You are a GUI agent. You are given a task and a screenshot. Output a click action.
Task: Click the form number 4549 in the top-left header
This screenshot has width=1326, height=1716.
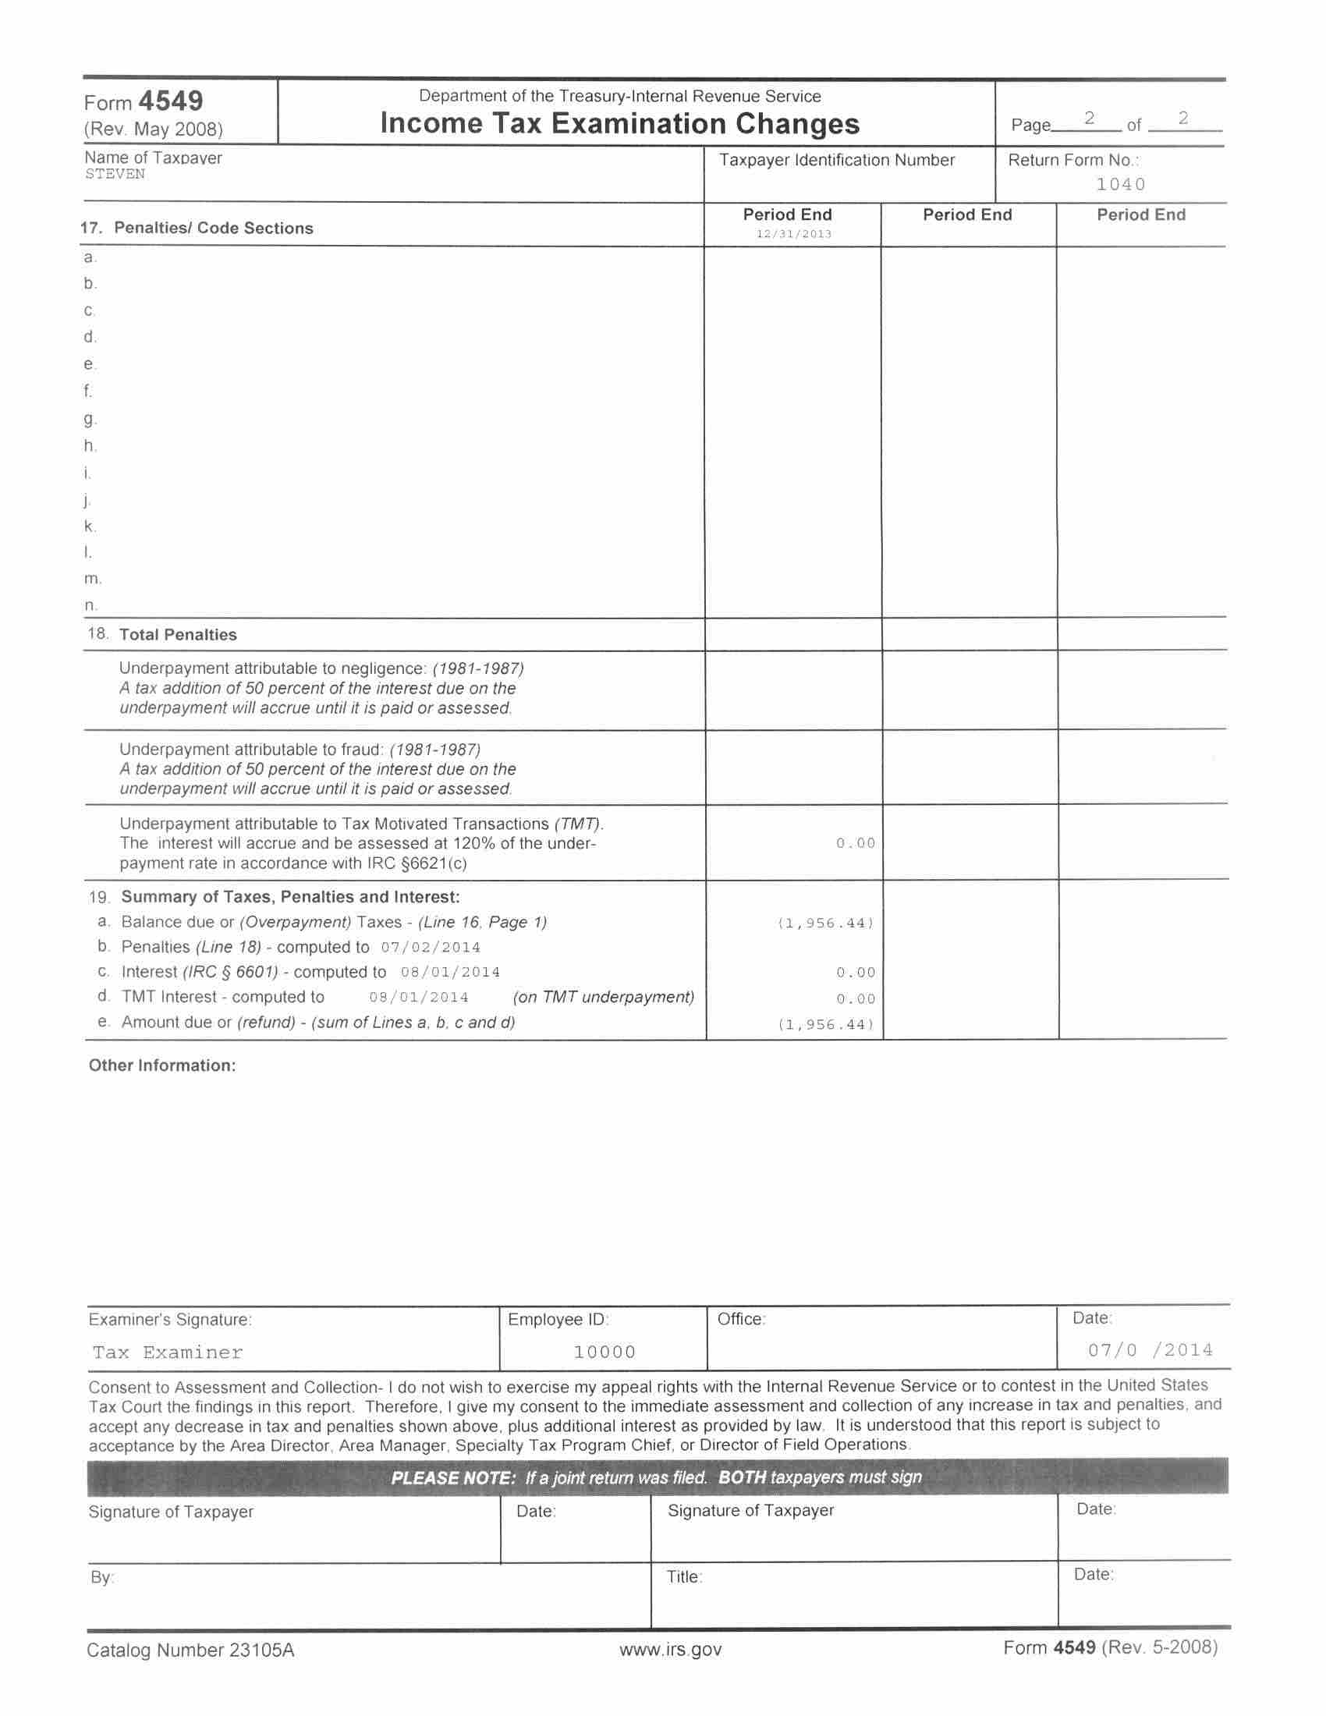tap(171, 101)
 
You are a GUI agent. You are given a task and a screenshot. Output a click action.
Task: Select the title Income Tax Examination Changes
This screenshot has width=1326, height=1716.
tap(620, 124)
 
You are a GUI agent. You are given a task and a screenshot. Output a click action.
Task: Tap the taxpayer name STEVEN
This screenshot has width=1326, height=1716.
tap(115, 175)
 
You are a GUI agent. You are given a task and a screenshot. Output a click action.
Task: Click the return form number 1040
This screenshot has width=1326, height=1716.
tap(1121, 185)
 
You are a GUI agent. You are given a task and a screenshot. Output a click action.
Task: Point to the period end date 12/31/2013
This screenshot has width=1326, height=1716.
tap(793, 233)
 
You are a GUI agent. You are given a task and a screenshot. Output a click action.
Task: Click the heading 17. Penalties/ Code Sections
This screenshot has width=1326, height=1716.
tap(197, 228)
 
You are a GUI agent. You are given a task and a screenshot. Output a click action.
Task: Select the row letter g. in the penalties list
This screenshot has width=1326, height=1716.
tap(90, 419)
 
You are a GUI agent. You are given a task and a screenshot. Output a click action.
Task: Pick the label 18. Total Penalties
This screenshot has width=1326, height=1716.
tap(162, 635)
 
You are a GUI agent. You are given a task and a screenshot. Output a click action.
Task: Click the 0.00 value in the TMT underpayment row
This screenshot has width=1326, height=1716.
tap(856, 843)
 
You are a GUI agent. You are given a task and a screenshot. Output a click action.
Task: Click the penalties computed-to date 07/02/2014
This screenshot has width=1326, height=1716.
tap(431, 948)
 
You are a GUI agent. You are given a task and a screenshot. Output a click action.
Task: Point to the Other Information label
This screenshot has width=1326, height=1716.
tap(161, 1065)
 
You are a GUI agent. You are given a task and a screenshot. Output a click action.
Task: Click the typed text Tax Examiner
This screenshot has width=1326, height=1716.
tap(168, 1353)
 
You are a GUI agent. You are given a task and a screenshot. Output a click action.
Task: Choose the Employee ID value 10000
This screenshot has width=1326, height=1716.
tap(604, 1352)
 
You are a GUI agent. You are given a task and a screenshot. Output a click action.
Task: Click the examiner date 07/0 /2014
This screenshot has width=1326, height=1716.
tap(1150, 1350)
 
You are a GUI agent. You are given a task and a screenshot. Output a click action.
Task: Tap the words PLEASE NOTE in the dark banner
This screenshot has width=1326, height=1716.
tap(452, 1477)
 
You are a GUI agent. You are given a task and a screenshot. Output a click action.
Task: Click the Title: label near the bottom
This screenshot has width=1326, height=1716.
tap(684, 1577)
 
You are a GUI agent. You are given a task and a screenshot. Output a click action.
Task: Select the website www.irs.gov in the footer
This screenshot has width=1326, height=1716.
tap(670, 1649)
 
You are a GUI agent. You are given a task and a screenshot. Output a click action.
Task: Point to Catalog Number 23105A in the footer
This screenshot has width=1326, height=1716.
tap(190, 1650)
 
